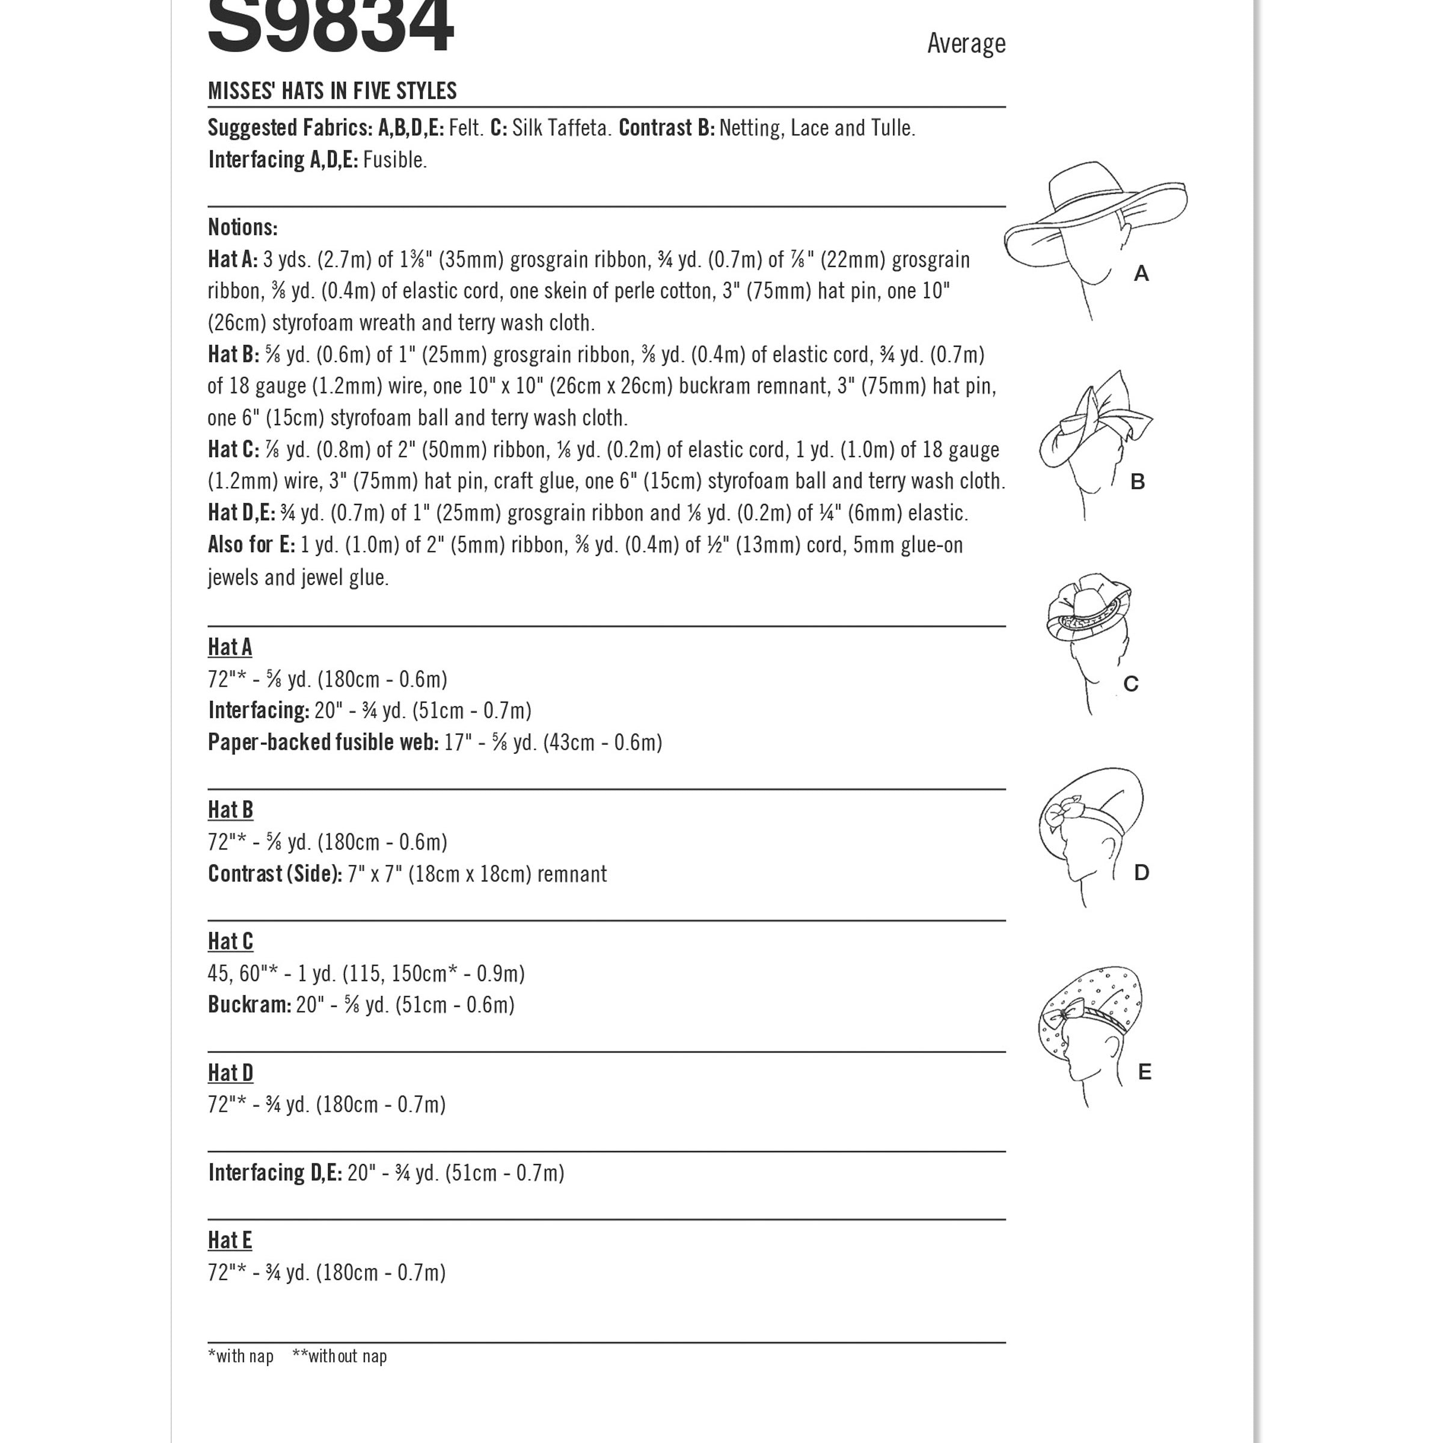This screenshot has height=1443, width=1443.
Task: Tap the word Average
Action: [x=966, y=43]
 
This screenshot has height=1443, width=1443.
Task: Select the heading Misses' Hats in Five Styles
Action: [x=332, y=91]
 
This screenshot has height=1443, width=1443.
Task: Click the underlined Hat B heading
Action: [x=231, y=810]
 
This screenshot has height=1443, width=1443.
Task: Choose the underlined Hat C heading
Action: [x=231, y=941]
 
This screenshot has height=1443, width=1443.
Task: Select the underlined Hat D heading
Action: [x=231, y=1073]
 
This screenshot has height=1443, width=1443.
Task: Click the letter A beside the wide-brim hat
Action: [x=1141, y=274]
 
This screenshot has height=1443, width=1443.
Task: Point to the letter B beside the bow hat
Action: [x=1138, y=482]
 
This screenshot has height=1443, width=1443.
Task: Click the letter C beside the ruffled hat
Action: [x=1131, y=684]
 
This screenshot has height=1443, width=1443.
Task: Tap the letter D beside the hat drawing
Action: [x=1141, y=872]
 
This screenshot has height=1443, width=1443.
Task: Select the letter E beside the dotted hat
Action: [x=1144, y=1072]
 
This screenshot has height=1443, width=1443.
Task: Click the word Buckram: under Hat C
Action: [x=250, y=1005]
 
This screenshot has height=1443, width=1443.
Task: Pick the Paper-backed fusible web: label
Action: [x=323, y=743]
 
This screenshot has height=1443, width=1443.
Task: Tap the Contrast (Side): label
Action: [x=275, y=874]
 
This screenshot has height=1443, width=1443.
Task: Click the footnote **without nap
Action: [x=340, y=1356]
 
